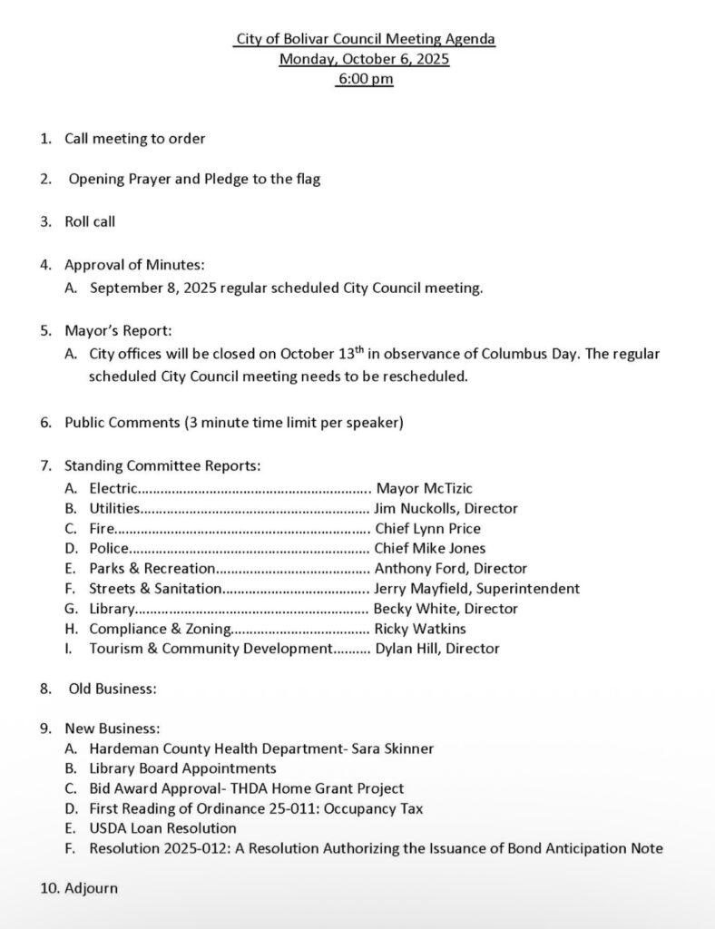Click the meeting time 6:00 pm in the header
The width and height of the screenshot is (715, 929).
point(365,79)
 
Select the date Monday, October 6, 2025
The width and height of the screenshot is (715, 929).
point(364,59)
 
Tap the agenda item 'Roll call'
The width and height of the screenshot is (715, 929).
point(90,221)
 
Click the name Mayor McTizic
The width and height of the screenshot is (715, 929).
point(424,489)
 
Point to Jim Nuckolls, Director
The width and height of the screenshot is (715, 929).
point(446,509)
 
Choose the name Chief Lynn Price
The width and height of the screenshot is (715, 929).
point(427,529)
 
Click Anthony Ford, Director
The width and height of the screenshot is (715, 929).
point(450,569)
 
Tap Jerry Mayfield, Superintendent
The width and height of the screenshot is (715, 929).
point(477,589)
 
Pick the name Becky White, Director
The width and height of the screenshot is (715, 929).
point(446,609)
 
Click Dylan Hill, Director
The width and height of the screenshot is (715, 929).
point(436,649)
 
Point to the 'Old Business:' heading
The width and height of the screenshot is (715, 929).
point(113,689)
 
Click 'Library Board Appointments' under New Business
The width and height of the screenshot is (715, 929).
point(182,769)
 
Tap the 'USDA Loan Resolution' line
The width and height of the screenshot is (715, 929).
point(162,828)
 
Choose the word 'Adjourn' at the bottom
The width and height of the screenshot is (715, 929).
point(91,888)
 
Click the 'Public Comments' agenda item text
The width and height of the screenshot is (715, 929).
point(122,423)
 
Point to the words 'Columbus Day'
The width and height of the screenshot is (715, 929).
point(536,354)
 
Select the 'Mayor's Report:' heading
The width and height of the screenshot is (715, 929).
point(118,331)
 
